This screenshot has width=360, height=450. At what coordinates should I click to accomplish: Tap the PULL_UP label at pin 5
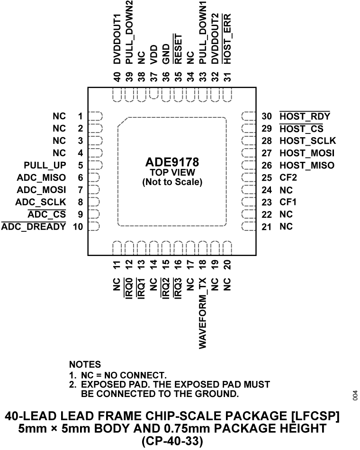pyautogui.click(x=45, y=165)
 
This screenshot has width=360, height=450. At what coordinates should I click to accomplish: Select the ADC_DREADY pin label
pyautogui.click(x=34, y=227)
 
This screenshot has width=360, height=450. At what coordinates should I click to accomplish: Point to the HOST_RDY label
pyautogui.click(x=305, y=116)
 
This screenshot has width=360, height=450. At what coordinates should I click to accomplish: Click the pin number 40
pyautogui.click(x=117, y=76)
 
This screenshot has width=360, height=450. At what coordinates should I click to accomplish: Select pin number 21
pyautogui.click(x=267, y=227)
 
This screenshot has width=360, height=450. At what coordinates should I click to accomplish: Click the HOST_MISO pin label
pyautogui.click(x=306, y=165)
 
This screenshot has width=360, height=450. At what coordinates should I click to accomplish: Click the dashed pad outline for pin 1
pyautogui.click(x=96, y=116)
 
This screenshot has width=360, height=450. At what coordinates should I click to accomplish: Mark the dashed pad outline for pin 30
pyautogui.click(x=248, y=116)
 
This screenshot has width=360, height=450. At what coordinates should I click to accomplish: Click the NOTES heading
pyautogui.click(x=85, y=365)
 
